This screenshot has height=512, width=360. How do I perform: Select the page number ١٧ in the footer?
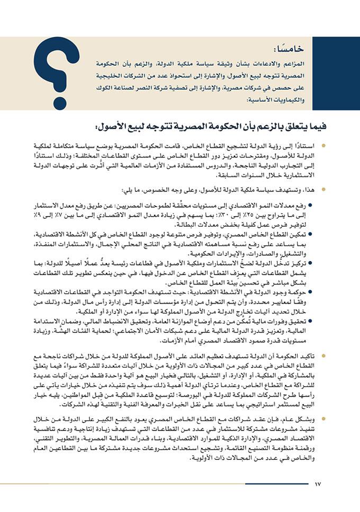[318, 483]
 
